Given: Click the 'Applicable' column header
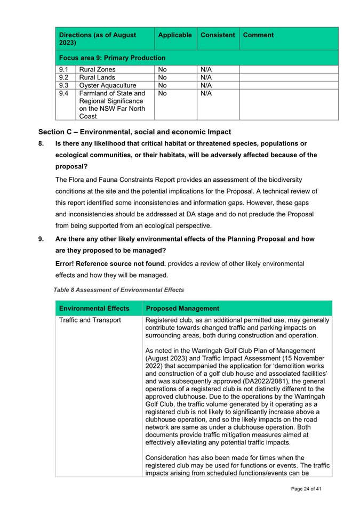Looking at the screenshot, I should [174, 35].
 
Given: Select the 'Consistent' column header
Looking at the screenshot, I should [217, 35].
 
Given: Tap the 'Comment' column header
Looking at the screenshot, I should [259, 35].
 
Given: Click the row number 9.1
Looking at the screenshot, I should [63, 69].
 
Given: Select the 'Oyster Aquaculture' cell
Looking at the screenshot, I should [107, 85].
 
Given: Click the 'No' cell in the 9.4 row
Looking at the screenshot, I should [163, 93].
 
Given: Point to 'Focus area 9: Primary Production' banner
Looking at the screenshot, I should [113, 58].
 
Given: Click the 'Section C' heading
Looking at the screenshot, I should [134, 132].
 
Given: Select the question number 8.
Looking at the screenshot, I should [41, 143].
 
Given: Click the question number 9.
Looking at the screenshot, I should [41, 239].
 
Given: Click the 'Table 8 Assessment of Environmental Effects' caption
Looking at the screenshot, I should [118, 290].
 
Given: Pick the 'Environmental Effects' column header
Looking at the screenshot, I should [94, 309].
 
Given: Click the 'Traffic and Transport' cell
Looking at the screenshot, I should [90, 320].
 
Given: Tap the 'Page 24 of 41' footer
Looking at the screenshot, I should [306, 489].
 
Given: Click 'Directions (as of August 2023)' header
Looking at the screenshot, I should [98, 38].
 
